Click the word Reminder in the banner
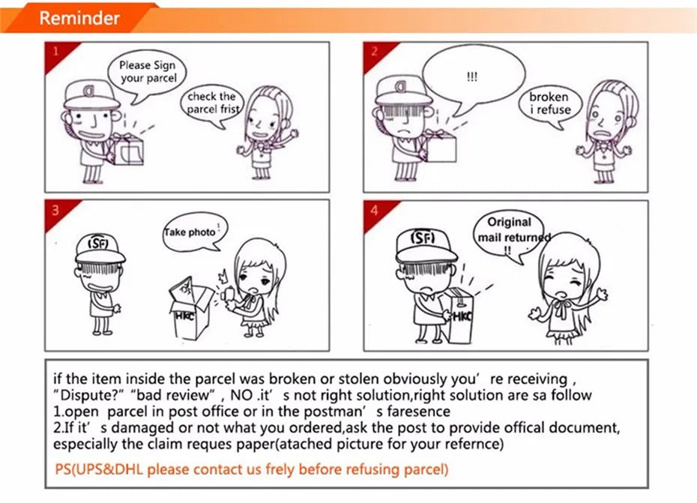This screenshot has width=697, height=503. pos(79,18)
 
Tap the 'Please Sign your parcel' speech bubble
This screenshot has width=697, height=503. pos(147,73)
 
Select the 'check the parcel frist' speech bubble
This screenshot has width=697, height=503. pos(212,104)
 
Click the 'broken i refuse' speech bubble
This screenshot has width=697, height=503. pos(549,106)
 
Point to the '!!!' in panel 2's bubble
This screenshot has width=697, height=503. pos(472,77)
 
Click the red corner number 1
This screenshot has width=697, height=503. pos(56,51)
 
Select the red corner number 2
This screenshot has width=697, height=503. pos(374,51)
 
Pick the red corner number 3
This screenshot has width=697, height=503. pos(55,209)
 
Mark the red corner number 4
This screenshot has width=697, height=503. pos(374,210)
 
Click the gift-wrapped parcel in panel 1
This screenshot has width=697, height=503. pos(126,148)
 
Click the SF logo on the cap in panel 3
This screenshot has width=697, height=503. pos(98,244)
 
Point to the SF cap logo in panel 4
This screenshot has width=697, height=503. pos(423,238)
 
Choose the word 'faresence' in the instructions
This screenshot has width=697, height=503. pos(418,412)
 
